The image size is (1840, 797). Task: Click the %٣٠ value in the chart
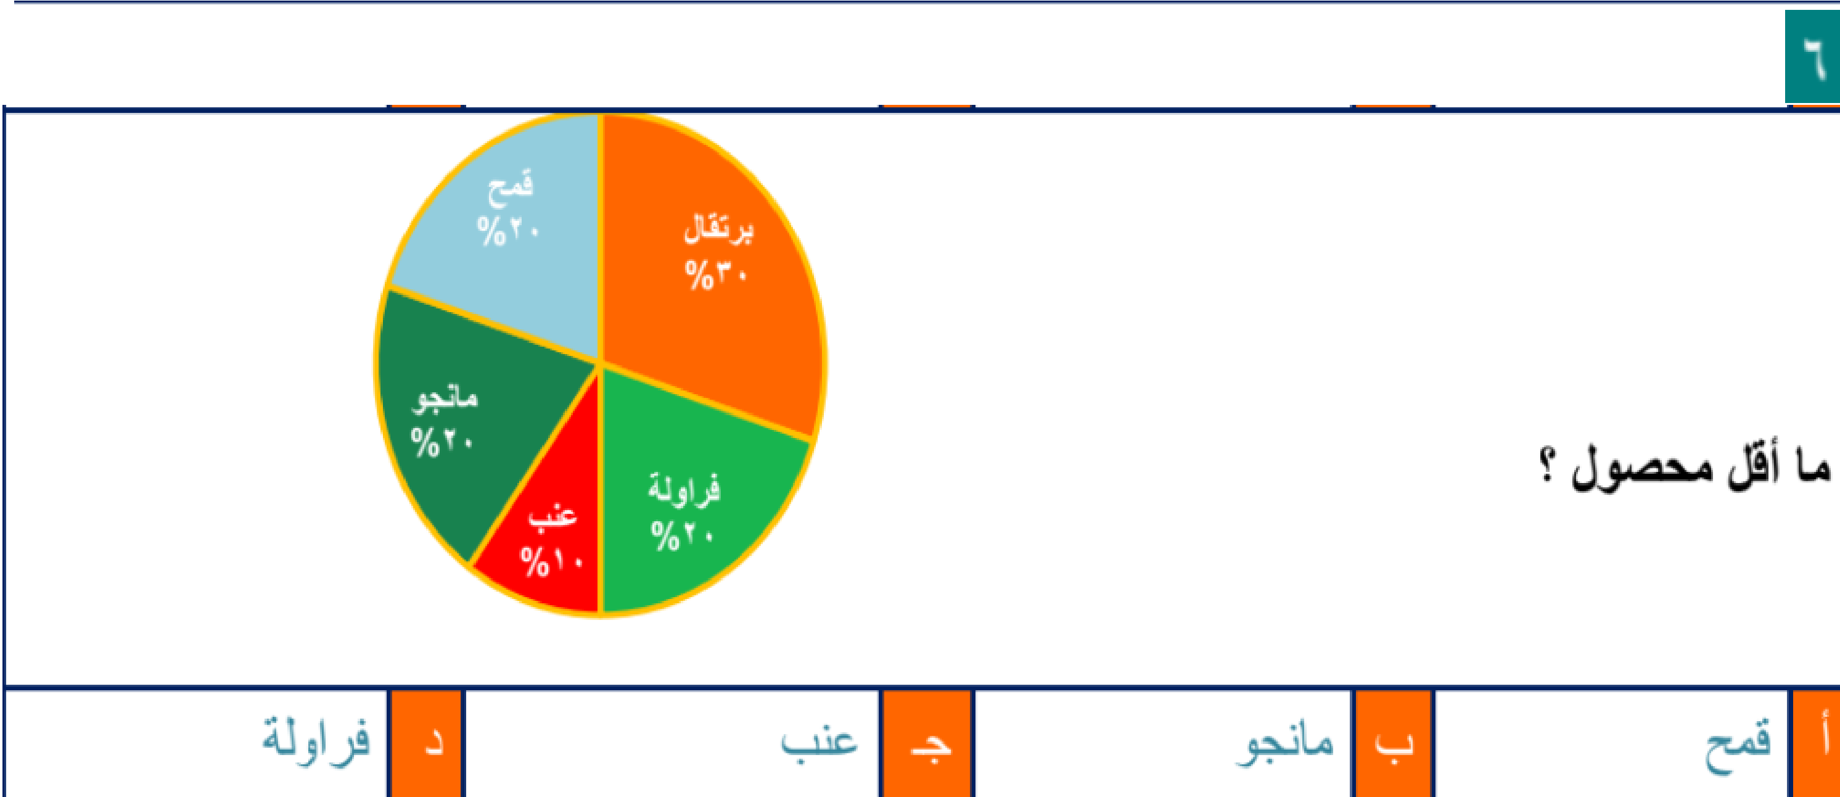[716, 275]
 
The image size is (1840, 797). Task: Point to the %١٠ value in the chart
[551, 562]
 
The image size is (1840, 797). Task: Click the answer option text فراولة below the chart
[316, 739]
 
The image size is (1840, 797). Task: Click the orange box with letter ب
[1393, 743]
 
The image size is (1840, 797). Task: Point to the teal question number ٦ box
[1812, 57]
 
